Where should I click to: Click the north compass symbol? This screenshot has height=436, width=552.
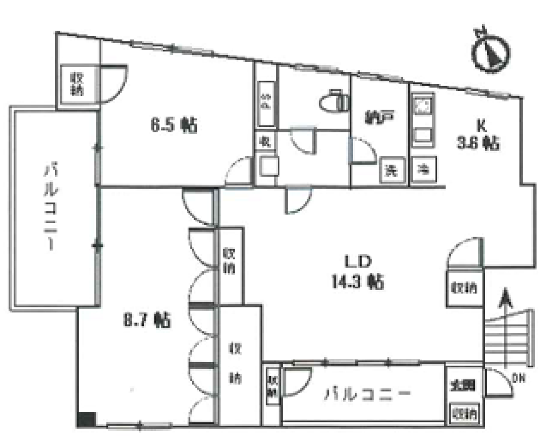coord(490,53)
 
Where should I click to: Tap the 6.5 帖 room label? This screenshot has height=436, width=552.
coord(174,125)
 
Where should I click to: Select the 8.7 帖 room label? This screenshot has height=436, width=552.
coord(147,320)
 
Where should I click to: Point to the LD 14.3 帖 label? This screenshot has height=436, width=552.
coord(358,272)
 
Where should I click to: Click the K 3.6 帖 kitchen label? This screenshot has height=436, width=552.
coord(479,135)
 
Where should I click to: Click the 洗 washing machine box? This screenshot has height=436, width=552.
coord(391,171)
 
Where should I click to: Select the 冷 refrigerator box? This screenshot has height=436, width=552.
coord(423,170)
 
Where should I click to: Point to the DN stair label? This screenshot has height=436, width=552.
coord(519,379)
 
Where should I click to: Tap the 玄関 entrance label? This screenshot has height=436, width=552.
coord(463,385)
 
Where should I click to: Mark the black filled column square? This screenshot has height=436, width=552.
coord(87,419)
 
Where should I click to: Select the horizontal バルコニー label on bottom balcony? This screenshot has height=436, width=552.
coord(367,394)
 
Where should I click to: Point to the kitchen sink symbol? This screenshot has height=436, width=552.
coord(422,105)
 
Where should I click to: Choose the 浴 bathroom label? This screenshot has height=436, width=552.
coord(265,102)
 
